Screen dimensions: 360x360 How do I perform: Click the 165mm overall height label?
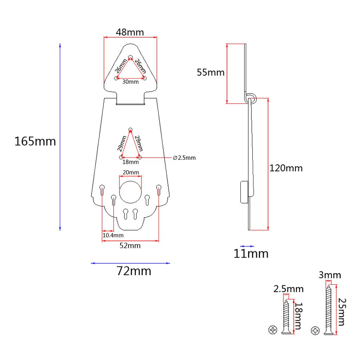[x=35, y=141]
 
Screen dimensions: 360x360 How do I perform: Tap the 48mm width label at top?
[x=130, y=32]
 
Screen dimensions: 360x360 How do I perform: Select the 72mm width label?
[x=134, y=271]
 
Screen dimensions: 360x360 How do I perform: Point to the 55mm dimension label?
[x=211, y=72]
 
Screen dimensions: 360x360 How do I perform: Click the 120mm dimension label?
[x=286, y=168]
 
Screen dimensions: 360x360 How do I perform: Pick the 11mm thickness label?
[x=251, y=254]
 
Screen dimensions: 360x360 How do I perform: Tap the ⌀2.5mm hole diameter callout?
[x=184, y=158]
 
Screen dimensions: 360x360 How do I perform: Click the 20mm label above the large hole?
[x=131, y=172]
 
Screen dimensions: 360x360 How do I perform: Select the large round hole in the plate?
[x=130, y=192]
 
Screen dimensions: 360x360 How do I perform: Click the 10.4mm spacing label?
[x=113, y=235]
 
